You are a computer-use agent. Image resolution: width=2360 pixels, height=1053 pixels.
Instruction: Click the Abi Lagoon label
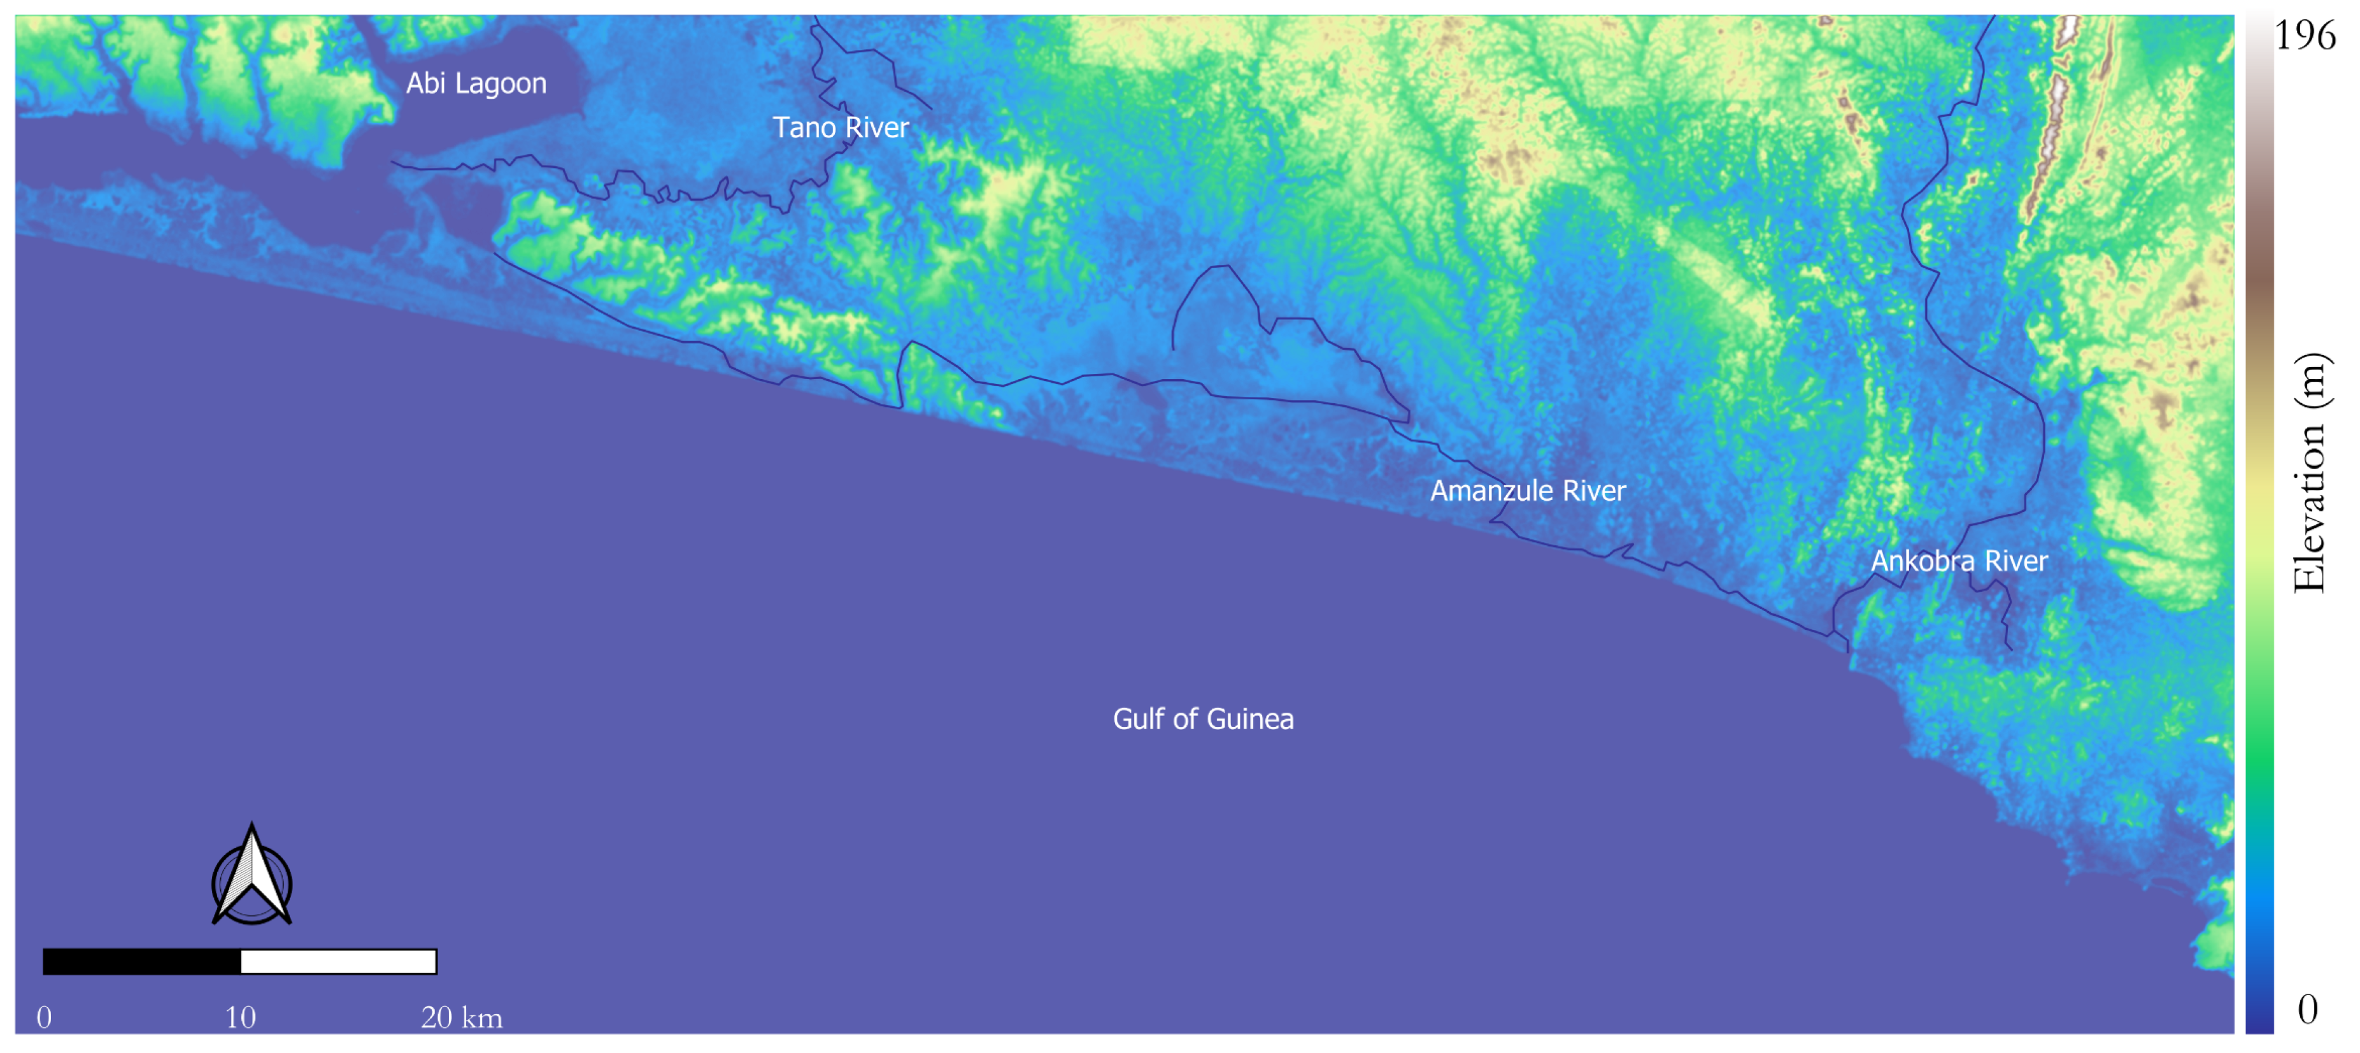(476, 83)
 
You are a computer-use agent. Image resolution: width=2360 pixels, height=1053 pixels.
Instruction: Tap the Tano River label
(840, 127)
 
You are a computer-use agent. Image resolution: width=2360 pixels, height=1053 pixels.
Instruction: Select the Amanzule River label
(1527, 491)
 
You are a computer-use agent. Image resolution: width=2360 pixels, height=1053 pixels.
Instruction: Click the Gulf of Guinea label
(1202, 719)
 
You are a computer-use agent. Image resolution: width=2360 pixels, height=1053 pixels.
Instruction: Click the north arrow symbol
(252, 876)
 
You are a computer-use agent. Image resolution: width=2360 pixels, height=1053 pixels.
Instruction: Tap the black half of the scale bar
(142, 961)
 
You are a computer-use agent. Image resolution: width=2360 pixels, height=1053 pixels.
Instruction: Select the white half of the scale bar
(338, 961)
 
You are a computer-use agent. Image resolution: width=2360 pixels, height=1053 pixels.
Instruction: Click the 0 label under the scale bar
(44, 1017)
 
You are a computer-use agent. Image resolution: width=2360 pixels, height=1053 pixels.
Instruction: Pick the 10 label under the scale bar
(240, 1017)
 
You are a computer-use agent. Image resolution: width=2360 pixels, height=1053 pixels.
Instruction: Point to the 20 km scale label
(461, 1017)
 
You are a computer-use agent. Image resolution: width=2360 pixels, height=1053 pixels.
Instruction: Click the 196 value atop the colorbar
(2305, 36)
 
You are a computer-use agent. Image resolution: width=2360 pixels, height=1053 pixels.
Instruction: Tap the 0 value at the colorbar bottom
(2307, 1009)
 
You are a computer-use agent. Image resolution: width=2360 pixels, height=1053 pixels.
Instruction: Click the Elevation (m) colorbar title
(2308, 472)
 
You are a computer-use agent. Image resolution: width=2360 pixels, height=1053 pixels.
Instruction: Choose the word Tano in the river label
(804, 127)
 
